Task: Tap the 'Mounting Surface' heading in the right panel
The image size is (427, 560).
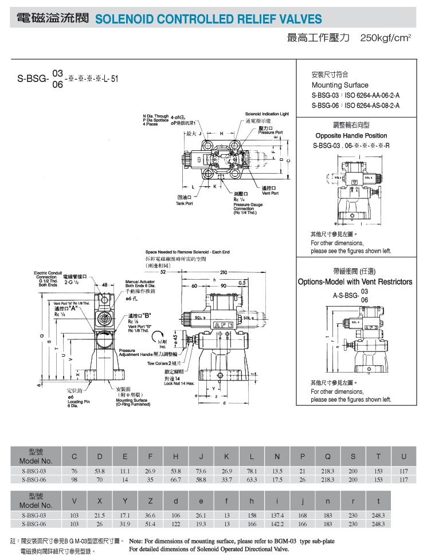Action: pyautogui.click(x=340, y=85)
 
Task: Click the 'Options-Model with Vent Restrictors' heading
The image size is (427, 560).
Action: pyautogui.click(x=355, y=282)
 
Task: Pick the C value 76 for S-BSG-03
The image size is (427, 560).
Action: pyautogui.click(x=74, y=471)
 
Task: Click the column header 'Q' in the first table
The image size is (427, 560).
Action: pyautogui.click(x=328, y=457)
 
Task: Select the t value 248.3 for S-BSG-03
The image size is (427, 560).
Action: pyautogui.click(x=378, y=515)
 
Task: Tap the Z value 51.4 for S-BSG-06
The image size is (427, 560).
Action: pyautogui.click(x=150, y=524)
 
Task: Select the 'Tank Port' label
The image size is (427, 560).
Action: pyautogui.click(x=185, y=203)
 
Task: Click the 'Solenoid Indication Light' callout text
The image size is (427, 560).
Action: pyautogui.click(x=267, y=115)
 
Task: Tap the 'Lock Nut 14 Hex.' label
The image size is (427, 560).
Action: pyautogui.click(x=180, y=383)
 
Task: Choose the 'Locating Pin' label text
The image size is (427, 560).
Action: pyautogui.click(x=79, y=401)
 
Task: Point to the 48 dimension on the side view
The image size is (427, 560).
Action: pyautogui.click(x=105, y=285)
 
